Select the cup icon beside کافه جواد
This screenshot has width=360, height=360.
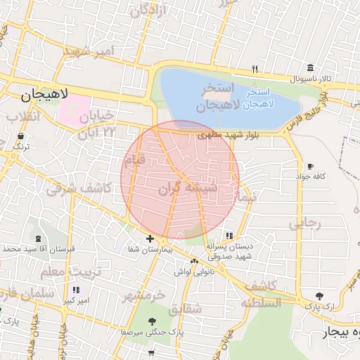310,166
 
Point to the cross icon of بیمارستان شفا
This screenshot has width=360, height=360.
150,238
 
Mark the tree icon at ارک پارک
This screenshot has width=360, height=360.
321,296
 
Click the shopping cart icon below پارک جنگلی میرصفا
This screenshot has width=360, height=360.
152,352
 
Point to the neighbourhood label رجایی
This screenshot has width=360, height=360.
304,224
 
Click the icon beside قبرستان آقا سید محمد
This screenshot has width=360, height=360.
36,239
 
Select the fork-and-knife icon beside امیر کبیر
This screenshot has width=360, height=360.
76,290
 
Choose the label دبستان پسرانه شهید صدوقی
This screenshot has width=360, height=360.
229,251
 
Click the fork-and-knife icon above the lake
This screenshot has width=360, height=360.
255,69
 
